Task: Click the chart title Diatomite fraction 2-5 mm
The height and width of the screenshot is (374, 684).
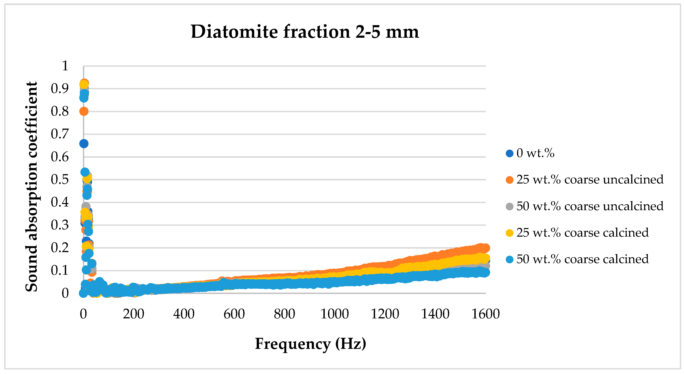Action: (x=305, y=32)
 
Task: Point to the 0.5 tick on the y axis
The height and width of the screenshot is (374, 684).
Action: (x=60, y=180)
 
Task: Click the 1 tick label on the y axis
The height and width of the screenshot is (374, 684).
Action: (x=65, y=66)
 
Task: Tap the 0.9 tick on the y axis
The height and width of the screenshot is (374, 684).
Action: (x=60, y=89)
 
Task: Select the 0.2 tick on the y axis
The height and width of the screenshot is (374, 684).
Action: (x=60, y=248)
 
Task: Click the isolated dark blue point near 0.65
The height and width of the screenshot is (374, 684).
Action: (x=84, y=144)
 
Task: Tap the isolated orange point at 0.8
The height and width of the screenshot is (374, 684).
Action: (x=84, y=111)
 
